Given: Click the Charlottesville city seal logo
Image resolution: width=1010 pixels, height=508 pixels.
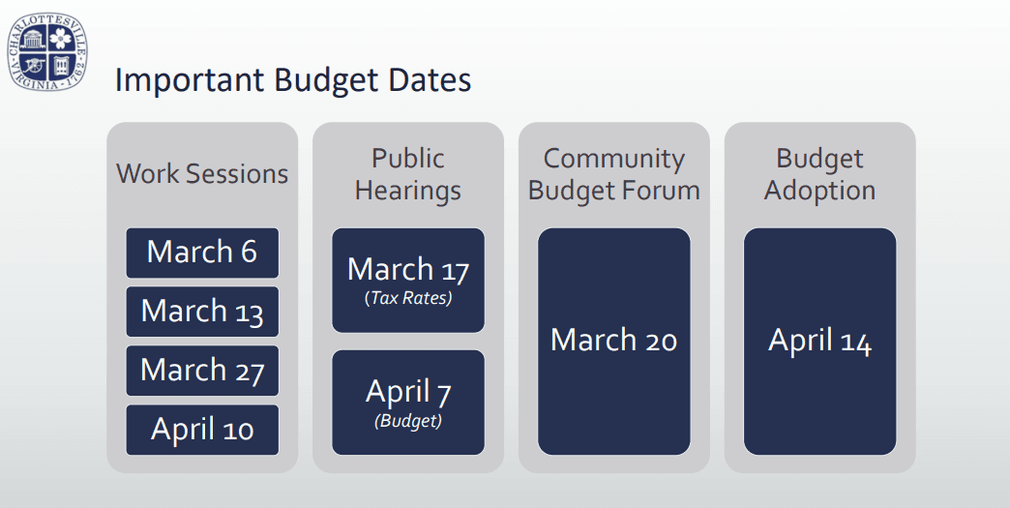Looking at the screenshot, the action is click(47, 51).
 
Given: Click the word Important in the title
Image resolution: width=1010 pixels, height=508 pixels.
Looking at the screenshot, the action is click(190, 81).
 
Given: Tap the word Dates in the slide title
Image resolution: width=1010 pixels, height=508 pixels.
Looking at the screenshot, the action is click(430, 80).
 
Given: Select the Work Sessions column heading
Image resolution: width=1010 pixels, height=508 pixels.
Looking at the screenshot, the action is click(202, 174).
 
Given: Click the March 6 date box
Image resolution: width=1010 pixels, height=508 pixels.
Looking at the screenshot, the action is click(202, 253).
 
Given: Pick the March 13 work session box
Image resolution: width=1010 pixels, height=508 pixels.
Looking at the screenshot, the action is click(202, 312).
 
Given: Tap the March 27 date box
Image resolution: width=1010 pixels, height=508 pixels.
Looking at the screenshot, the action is click(202, 371).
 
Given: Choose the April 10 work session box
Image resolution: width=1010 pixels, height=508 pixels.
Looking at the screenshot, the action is click(202, 430).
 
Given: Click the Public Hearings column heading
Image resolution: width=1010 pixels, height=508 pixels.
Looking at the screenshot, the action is click(408, 174).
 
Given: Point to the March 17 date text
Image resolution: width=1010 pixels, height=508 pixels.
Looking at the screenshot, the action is click(408, 269).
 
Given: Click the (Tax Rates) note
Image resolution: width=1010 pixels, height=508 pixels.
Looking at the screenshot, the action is click(408, 298).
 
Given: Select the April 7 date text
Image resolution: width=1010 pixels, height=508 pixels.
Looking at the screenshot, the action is click(408, 392).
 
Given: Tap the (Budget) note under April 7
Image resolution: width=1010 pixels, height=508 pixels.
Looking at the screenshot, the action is click(408, 421).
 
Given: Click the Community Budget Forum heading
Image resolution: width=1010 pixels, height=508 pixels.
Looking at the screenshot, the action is click(614, 174).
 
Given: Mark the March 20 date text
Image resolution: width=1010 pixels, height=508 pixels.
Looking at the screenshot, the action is click(614, 340).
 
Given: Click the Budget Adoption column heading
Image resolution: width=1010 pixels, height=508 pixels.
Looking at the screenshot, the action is click(820, 174).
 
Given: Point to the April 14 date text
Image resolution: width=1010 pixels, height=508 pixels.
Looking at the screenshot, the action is click(820, 341).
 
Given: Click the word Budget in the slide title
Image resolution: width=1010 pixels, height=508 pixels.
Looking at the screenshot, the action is click(327, 81).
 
